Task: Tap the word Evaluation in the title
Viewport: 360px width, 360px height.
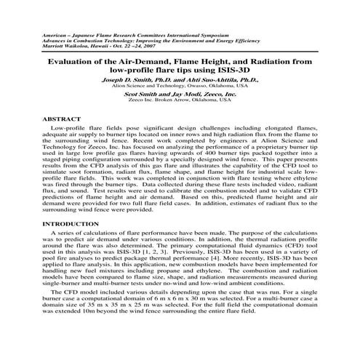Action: tap(70, 63)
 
